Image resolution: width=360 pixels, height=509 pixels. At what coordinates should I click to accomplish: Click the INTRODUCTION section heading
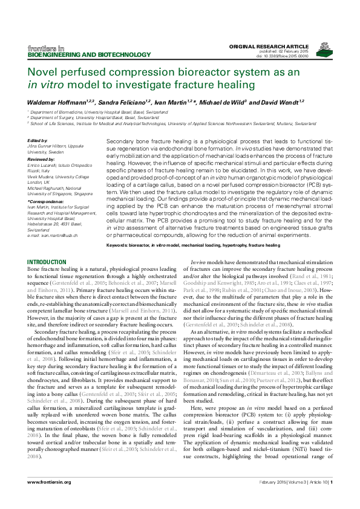pos(47,261)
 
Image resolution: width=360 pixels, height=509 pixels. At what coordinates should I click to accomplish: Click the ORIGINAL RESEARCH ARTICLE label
pos(281,47)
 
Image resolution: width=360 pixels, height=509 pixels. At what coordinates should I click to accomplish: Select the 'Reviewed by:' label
pos(41,158)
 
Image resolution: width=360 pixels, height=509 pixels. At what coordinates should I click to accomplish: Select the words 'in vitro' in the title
pos(48,84)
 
